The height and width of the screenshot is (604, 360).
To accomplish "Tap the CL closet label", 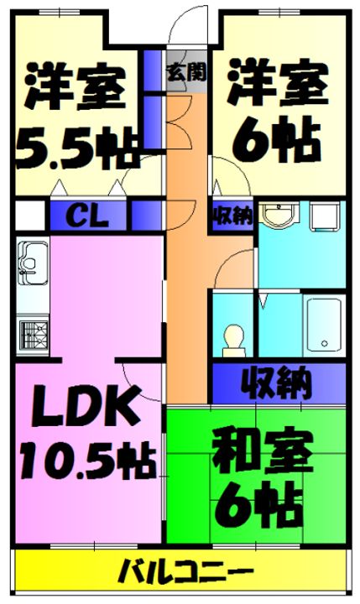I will (86, 216).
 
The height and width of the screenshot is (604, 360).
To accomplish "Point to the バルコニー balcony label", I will (179, 576).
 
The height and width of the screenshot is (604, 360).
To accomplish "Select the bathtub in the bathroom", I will (323, 324).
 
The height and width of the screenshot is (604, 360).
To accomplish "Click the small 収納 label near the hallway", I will (230, 216).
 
